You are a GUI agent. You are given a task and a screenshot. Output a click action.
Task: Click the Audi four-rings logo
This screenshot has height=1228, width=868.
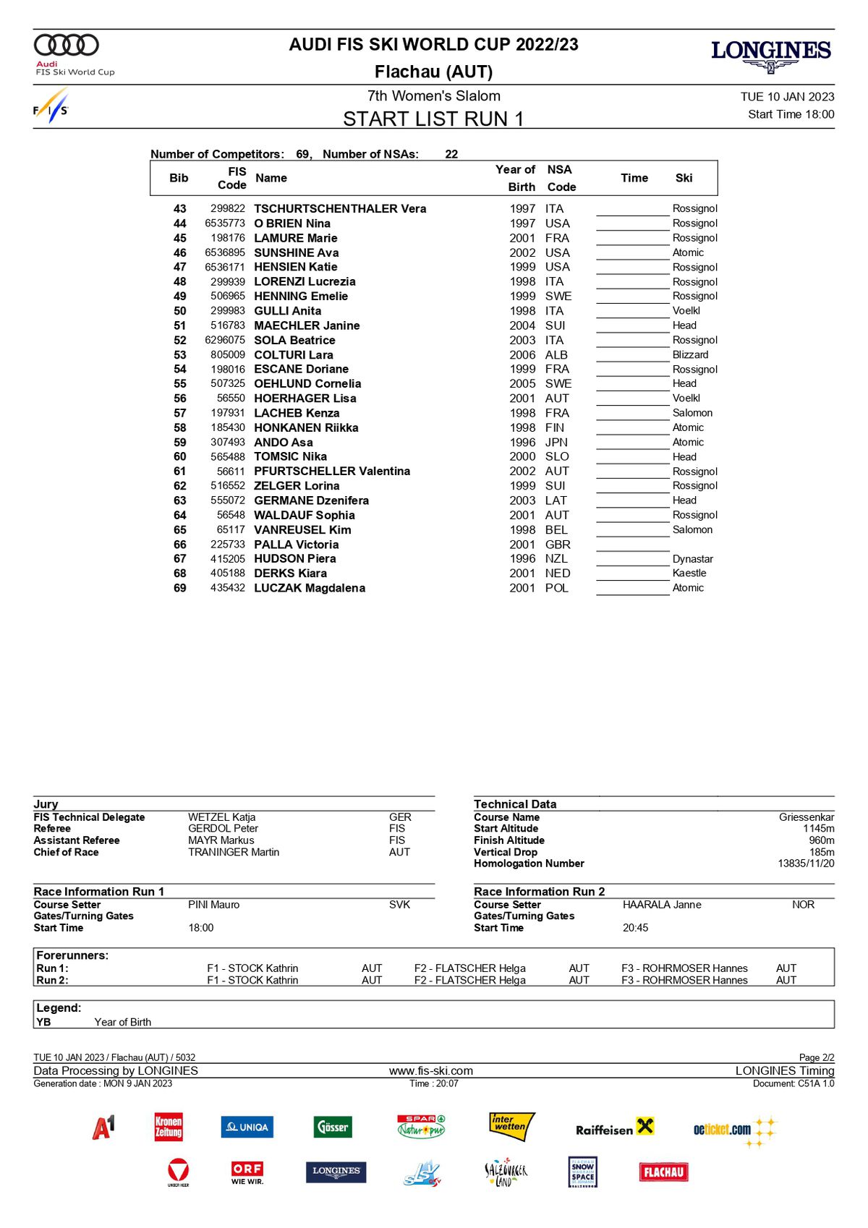pyautogui.click(x=67, y=45)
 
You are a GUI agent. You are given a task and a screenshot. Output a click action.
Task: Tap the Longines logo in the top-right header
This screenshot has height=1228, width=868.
pyautogui.click(x=771, y=55)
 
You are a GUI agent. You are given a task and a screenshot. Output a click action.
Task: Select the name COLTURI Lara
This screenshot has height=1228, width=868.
pyautogui.click(x=294, y=355)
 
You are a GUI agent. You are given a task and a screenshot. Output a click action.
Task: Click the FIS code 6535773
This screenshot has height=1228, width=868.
pyautogui.click(x=225, y=223)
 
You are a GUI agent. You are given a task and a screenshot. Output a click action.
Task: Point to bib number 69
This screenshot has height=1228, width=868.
pyautogui.click(x=180, y=588)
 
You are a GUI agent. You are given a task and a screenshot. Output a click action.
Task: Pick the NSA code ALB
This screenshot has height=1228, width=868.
pyautogui.click(x=556, y=355)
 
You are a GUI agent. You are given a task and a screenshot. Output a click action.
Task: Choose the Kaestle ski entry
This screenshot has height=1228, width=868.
pyautogui.click(x=689, y=573)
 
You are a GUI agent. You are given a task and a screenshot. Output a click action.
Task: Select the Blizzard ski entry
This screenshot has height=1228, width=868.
pyautogui.click(x=690, y=354)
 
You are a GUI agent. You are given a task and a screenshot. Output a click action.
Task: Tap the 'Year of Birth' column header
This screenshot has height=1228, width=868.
pyautogui.click(x=516, y=178)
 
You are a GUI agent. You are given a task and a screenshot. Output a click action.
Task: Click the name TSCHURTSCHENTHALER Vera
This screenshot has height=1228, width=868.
pyautogui.click(x=340, y=209)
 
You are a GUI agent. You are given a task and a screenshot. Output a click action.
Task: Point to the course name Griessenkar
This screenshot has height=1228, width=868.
pyautogui.click(x=807, y=817)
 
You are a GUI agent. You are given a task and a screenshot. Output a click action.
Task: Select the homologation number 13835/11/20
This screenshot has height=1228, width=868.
pyautogui.click(x=806, y=864)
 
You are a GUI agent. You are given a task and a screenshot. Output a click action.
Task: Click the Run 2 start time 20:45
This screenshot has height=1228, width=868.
pyautogui.click(x=636, y=928)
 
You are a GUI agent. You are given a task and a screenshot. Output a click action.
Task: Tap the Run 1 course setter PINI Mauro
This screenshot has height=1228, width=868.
pyautogui.click(x=214, y=905)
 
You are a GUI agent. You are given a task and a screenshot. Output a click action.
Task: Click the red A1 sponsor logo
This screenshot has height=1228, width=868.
pyautogui.click(x=103, y=1127)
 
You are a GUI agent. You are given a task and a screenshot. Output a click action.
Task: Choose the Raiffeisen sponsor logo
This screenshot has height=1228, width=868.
pyautogui.click(x=614, y=1128)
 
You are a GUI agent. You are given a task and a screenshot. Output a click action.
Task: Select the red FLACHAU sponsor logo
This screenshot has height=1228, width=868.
pyautogui.click(x=663, y=1172)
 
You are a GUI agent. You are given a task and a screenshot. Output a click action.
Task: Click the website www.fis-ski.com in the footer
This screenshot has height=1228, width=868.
pyautogui.click(x=431, y=1071)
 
